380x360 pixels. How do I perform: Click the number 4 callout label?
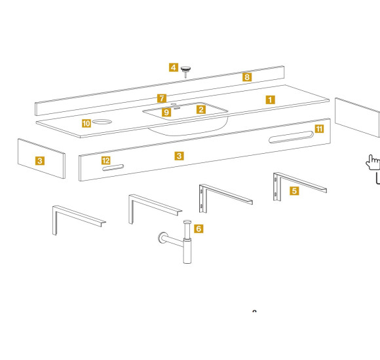[174, 67]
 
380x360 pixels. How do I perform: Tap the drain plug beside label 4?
[185, 71]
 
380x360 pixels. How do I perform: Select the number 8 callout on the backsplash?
[247, 77]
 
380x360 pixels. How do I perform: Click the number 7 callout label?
[162, 99]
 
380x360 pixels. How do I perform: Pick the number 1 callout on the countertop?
[271, 99]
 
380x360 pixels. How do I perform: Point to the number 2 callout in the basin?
[201, 109]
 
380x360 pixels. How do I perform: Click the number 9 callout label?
[166, 112]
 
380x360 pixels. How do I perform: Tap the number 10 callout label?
[86, 124]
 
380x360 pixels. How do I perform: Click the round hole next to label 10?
[102, 122]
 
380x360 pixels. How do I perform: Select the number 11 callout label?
[319, 129]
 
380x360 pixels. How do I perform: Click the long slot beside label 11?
[291, 137]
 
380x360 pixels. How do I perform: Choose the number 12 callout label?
[106, 160]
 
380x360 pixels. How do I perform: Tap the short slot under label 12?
[113, 168]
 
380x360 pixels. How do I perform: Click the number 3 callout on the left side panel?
[40, 160]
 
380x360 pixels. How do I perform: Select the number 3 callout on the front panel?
[179, 156]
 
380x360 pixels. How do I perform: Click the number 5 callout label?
[294, 190]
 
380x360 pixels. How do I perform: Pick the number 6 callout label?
[199, 228]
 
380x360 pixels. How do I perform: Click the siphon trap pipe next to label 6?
[187, 242]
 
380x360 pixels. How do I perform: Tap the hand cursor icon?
[373, 162]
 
